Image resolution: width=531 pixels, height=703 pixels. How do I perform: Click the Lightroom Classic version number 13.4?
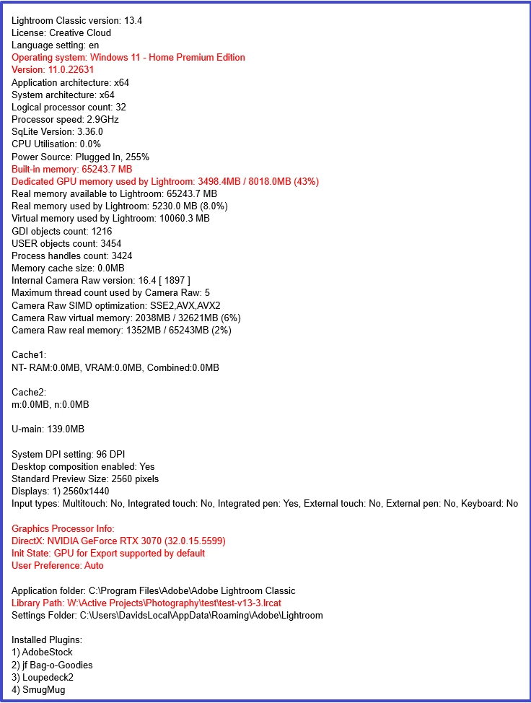133,20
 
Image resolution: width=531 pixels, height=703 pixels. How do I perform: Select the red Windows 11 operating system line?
128,58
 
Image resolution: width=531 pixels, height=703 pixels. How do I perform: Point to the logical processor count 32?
120,108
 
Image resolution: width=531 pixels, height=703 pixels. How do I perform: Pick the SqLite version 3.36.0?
87,132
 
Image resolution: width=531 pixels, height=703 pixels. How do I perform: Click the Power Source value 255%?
137,157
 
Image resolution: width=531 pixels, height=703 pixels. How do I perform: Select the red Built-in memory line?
71,170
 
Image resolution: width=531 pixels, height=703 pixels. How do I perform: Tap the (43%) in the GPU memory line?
305,182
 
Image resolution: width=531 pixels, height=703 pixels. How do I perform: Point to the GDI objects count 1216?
99,232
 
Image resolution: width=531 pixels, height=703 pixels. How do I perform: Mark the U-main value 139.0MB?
66,429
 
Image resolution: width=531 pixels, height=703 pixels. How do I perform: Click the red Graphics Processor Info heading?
63,529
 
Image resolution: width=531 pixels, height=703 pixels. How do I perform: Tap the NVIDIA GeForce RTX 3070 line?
119,541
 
